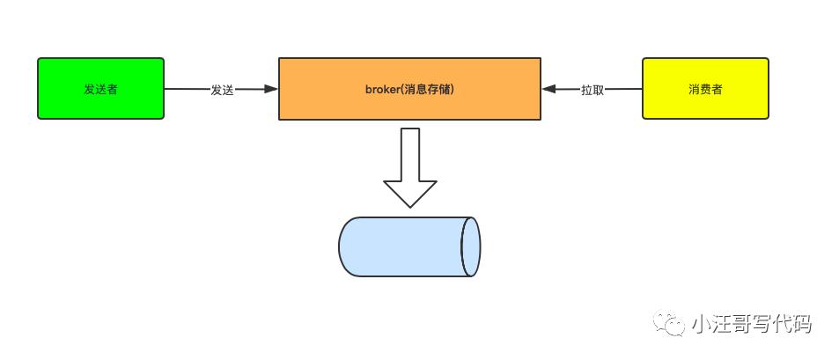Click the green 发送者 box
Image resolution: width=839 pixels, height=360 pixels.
pyautogui.click(x=100, y=88)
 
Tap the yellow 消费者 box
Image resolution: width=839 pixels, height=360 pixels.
pyautogui.click(x=705, y=88)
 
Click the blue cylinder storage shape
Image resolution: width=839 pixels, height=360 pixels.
pyautogui.click(x=405, y=246)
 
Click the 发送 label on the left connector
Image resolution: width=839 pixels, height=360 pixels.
pyautogui.click(x=222, y=90)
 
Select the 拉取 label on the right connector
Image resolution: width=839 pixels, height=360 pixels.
pyautogui.click(x=592, y=90)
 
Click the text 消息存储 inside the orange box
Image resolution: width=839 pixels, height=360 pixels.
pyautogui.click(x=430, y=90)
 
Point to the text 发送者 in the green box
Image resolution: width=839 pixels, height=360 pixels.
pyautogui.click(x=100, y=90)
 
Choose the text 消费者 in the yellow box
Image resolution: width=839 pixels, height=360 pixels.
pyautogui.click(x=705, y=90)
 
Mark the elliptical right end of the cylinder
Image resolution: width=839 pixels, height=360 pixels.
pyautogui.click(x=471, y=246)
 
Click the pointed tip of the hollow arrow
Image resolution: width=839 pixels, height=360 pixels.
pyautogui.click(x=409, y=204)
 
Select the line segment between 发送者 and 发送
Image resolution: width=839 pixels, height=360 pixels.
pyautogui.click(x=186, y=89)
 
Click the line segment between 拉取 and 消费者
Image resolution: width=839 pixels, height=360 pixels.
pyautogui.click(x=624, y=89)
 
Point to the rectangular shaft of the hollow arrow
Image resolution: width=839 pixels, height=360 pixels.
pyautogui.click(x=409, y=154)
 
